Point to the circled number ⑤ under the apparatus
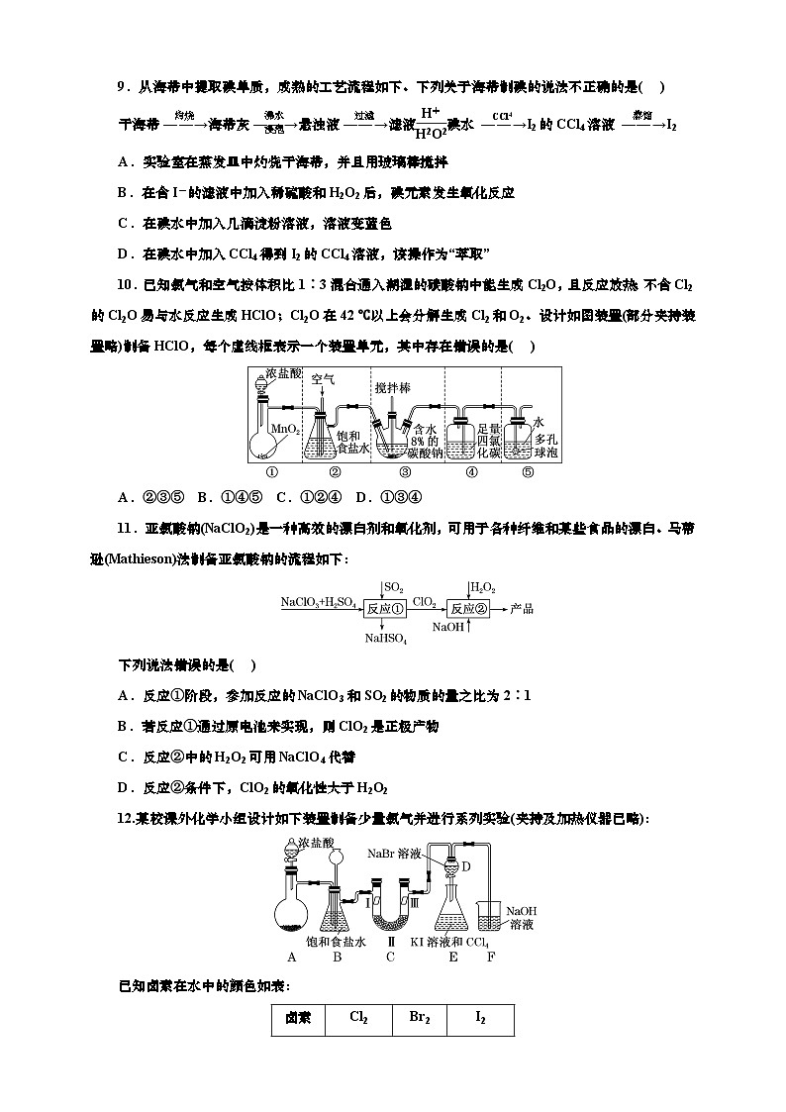coord(528,472)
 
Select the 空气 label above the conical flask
coord(324,380)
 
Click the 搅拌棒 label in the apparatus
coord(394,389)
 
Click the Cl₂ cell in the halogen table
coord(359,1017)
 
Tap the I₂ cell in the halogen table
coord(480,1017)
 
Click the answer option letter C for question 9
coord(123,224)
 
